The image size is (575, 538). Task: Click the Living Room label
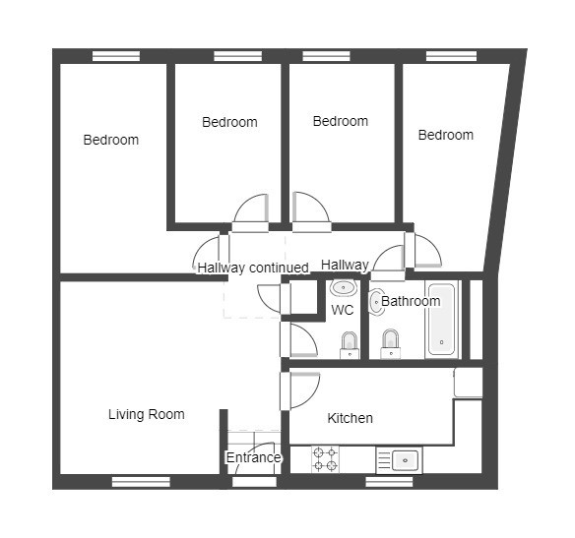[147, 414]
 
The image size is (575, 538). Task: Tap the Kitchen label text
[350, 418]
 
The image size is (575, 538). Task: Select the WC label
[342, 310]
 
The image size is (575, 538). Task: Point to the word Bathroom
[411, 301]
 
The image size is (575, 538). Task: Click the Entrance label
[253, 457]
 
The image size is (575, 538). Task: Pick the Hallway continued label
[253, 268]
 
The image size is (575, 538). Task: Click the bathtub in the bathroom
[442, 320]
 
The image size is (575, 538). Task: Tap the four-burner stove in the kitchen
[325, 459]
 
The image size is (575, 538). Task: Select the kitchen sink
[400, 460]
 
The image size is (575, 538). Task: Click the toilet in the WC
[350, 345]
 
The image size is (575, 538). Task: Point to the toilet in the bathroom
[391, 344]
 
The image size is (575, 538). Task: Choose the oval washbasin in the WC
[344, 288]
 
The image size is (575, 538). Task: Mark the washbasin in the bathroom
[377, 302]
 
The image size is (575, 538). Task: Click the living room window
[141, 482]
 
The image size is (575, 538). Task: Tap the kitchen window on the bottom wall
[389, 482]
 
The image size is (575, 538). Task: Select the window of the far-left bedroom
[116, 56]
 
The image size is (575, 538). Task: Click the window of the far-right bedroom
[451, 56]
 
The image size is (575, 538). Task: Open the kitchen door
[300, 390]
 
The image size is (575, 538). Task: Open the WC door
[298, 339]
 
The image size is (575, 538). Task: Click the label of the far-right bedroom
[446, 135]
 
